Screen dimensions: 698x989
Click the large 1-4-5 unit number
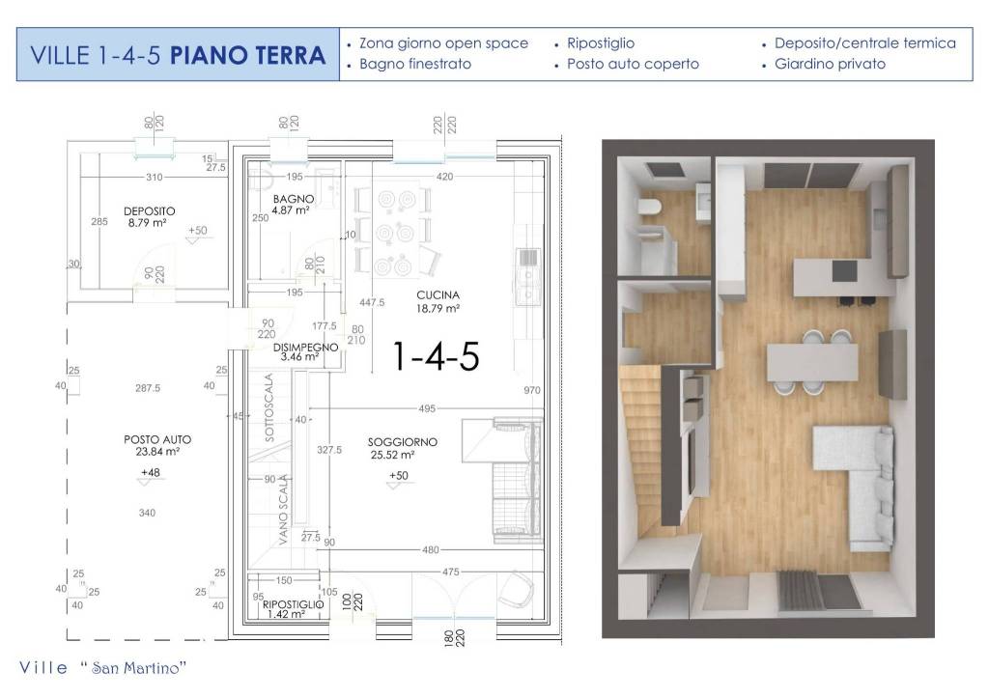[435, 356]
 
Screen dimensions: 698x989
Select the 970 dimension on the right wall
[530, 390]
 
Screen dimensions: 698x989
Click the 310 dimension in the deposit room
[154, 179]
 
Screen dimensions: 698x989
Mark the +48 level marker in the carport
[150, 471]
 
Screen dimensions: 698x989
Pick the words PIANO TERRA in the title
[247, 55]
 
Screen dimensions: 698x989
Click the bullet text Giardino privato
[830, 65]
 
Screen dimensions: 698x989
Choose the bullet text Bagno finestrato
[415, 65]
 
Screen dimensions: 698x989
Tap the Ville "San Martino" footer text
[102, 668]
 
